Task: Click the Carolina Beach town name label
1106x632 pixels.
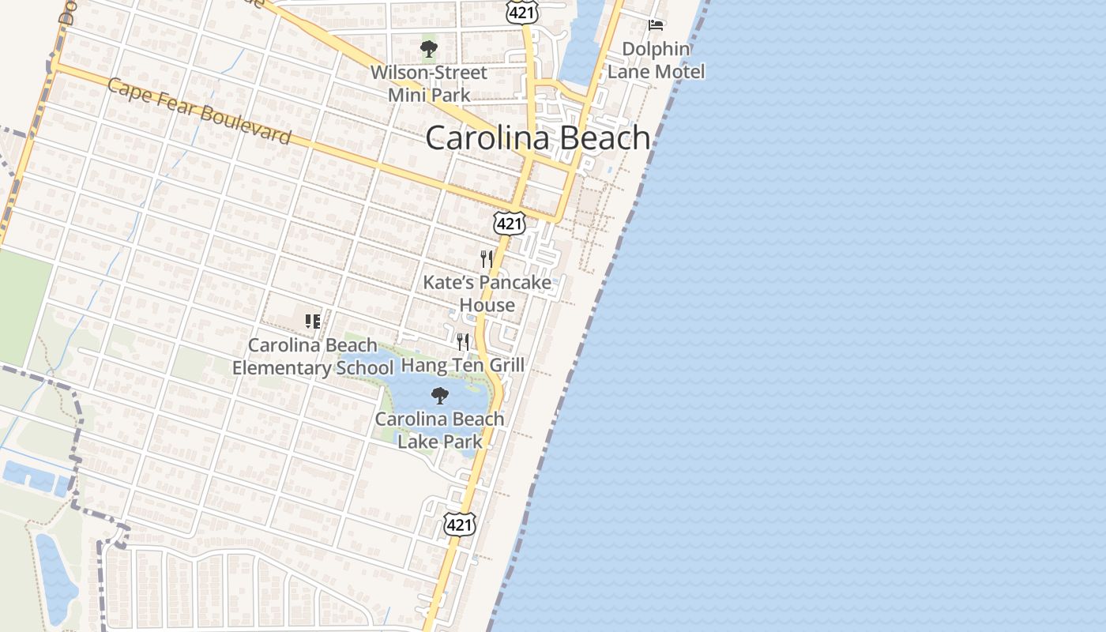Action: [x=537, y=138]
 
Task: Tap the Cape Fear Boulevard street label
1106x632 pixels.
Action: [x=199, y=111]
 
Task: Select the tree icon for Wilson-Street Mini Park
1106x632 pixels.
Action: [x=429, y=50]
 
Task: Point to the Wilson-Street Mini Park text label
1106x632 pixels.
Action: [x=429, y=84]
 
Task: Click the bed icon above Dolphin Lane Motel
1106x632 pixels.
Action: [x=656, y=24]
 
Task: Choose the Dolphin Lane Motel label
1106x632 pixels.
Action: [x=656, y=60]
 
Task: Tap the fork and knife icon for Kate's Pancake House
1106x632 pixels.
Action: [x=487, y=258]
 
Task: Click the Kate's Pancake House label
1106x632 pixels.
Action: [x=487, y=293]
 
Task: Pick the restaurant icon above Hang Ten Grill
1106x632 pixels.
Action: [x=463, y=341]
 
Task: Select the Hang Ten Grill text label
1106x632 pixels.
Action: [x=463, y=365]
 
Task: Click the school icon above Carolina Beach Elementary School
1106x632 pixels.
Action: [x=313, y=321]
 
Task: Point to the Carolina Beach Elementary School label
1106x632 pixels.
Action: [x=313, y=356]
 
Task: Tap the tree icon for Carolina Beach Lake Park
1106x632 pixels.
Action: [x=439, y=395]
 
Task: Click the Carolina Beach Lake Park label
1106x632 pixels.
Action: [x=439, y=430]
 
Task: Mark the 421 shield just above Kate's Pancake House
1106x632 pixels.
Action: [x=510, y=224]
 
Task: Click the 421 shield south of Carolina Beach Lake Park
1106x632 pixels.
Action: [x=460, y=524]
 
